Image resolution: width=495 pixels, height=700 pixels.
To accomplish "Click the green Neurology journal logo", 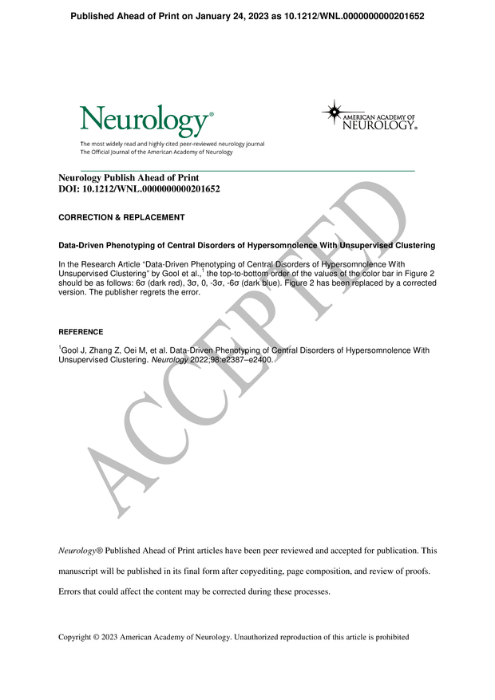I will pyautogui.click(x=146, y=121).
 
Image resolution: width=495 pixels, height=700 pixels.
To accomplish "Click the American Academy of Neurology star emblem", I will pyautogui.click(x=334, y=112).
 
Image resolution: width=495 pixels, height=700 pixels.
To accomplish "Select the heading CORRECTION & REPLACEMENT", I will pyautogui.click(x=121, y=217).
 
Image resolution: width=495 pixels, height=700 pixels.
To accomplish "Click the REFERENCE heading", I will pyautogui.click(x=81, y=331).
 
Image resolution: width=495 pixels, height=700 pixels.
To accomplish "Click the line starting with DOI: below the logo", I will pyautogui.click(x=139, y=189).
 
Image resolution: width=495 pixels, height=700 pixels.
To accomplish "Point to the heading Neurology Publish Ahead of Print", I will pyautogui.click(x=129, y=178).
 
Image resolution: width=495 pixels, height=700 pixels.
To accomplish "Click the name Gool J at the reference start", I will pyautogui.click(x=73, y=350).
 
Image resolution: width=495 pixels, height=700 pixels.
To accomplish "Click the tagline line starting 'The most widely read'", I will pyautogui.click(x=172, y=144).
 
